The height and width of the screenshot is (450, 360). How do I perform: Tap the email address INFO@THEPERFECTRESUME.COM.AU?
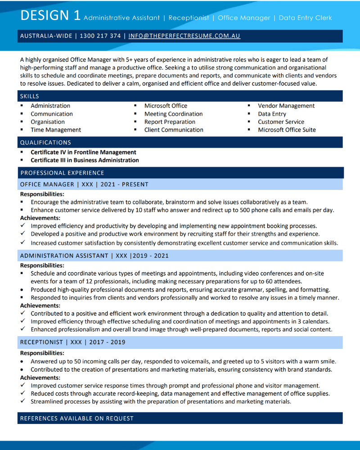pyautogui.click(x=184, y=36)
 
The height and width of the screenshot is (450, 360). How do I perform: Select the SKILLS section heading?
pyautogui.click(x=30, y=96)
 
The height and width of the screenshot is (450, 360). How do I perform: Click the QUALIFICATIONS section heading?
pyautogui.click(x=45, y=143)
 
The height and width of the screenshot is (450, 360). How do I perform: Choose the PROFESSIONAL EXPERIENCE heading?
pyautogui.click(x=62, y=173)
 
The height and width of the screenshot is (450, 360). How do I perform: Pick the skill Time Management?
pyautogui.click(x=56, y=130)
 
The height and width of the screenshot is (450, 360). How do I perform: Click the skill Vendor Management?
pyautogui.click(x=286, y=106)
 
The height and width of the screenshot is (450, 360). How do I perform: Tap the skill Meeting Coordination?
pyautogui.click(x=173, y=114)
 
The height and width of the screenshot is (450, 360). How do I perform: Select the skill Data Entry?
pyautogui.click(x=272, y=114)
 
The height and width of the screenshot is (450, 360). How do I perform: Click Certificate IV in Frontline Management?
pyautogui.click(x=83, y=152)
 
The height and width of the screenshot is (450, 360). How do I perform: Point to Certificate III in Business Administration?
pyautogui.click(x=85, y=160)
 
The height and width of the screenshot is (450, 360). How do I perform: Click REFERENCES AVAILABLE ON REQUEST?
pyautogui.click(x=77, y=418)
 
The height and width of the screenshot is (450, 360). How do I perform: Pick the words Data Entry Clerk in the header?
pyautogui.click(x=305, y=18)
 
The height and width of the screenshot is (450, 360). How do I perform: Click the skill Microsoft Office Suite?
pyautogui.click(x=287, y=130)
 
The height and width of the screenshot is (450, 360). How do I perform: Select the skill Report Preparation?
pyautogui.click(x=170, y=122)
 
